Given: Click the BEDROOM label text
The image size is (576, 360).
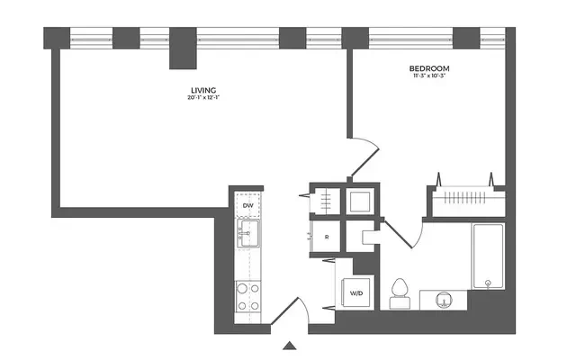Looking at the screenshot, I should pyautogui.click(x=429, y=69).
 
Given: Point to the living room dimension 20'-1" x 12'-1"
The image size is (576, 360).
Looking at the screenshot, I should pyautogui.click(x=202, y=98).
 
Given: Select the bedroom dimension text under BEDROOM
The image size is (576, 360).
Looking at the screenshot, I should pyautogui.click(x=429, y=78).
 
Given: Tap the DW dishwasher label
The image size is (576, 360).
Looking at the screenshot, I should pyautogui.click(x=248, y=206).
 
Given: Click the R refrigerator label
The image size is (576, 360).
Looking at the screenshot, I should pyautogui.click(x=327, y=238).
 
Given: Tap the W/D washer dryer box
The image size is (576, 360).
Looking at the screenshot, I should pyautogui.click(x=356, y=293).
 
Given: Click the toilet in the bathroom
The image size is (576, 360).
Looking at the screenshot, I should pyautogui.click(x=400, y=292).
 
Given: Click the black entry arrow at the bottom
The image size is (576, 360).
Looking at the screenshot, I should pyautogui.click(x=289, y=345).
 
